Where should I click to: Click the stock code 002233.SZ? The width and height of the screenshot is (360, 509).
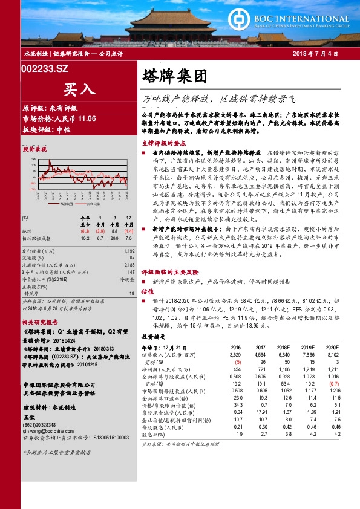(x=46, y=70)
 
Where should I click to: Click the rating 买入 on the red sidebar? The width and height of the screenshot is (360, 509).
(x=80, y=90)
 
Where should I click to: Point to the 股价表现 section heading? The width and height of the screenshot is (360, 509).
(x=34, y=148)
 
